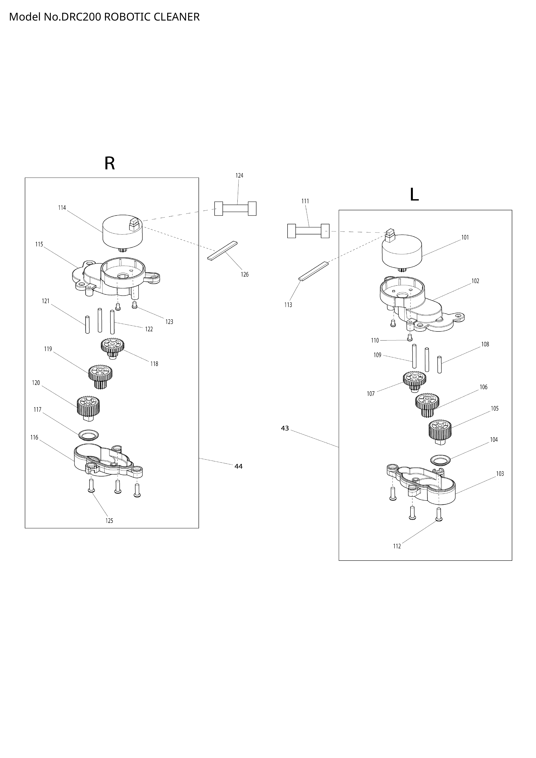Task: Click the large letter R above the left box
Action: coord(110,163)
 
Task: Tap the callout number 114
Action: coord(62,208)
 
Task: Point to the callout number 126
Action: coord(245,274)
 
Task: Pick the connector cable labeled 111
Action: coord(308,231)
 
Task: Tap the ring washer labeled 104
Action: coord(441,460)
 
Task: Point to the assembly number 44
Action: coord(238,466)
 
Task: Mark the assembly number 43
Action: coord(285,428)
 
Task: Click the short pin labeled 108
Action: coord(439,365)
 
